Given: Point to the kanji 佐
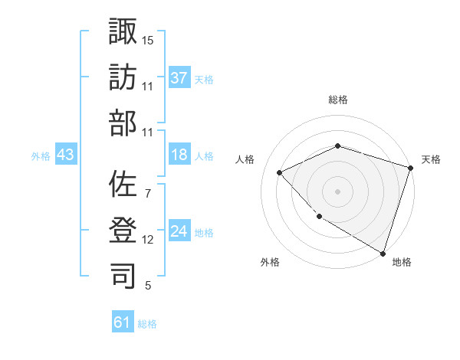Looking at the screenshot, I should point(123,183).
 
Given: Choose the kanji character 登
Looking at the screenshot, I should point(123,229).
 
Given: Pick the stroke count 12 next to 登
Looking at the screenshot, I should point(148,240).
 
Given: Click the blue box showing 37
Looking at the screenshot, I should point(179,77).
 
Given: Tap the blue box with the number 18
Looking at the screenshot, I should point(179,155).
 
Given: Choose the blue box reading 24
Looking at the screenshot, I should point(179,231).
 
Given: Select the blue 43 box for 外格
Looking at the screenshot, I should point(65,155).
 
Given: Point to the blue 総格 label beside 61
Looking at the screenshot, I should point(147,324).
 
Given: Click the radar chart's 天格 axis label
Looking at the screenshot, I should point(431,159).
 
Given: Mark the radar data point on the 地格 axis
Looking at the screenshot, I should point(383,252).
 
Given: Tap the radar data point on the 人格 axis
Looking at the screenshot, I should point(280,172).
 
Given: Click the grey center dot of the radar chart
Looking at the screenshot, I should point(337,191).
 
